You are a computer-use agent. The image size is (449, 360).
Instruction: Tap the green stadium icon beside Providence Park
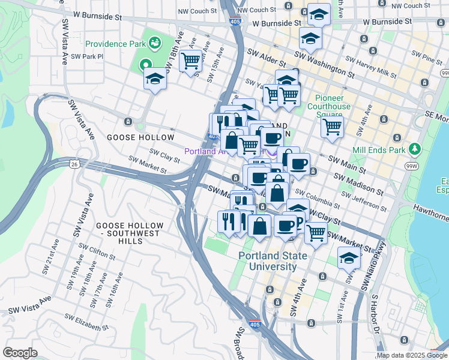click(155, 43)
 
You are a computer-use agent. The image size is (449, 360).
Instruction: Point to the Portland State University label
click(273, 261)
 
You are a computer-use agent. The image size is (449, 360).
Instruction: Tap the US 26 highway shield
click(74, 163)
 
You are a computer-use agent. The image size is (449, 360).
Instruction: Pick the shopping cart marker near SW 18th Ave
click(190, 61)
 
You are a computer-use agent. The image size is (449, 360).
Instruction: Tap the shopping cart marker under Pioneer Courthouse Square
click(331, 127)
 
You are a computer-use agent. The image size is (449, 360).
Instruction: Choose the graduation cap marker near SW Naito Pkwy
click(349, 258)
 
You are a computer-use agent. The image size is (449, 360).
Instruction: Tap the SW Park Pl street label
click(87, 56)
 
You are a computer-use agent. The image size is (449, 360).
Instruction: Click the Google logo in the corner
click(20, 353)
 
